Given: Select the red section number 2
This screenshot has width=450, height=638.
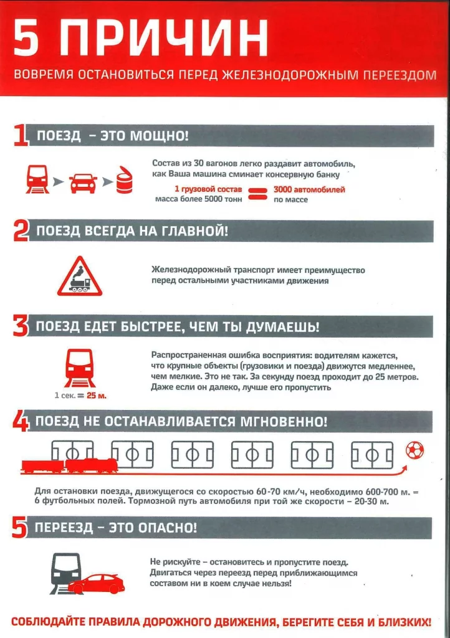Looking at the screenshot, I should pyautogui.click(x=21, y=232).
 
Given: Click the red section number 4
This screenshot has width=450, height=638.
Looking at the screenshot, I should pyautogui.click(x=20, y=422).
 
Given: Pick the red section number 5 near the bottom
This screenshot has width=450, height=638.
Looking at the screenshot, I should pyautogui.click(x=20, y=528).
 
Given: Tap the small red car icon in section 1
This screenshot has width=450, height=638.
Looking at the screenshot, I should pyautogui.click(x=83, y=183).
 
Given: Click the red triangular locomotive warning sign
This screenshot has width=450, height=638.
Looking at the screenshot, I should pyautogui.click(x=79, y=277).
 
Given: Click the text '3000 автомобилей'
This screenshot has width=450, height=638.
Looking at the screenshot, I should pyautogui.click(x=309, y=189).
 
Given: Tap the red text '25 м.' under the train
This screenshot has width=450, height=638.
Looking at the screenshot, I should pyautogui.click(x=97, y=396).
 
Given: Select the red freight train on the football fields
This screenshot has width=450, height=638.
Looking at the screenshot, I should pyautogui.click(x=69, y=465).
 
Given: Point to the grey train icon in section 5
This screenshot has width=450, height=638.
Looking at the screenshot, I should pyautogui.click(x=64, y=570).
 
